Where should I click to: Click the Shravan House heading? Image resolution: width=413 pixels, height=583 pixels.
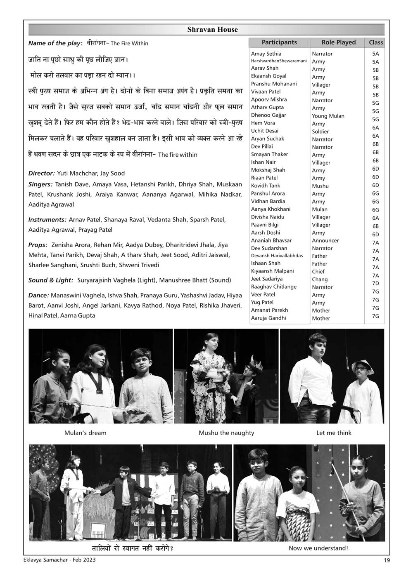[x=212, y=30]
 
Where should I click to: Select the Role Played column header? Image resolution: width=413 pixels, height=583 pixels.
[x=338, y=42]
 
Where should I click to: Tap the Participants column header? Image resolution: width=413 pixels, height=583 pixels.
[x=279, y=42]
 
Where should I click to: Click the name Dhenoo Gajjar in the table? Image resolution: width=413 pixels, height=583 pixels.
[x=268, y=115]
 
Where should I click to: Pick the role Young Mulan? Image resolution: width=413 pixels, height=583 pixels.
[x=328, y=116]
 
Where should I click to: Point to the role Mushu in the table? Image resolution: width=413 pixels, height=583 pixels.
[x=320, y=186]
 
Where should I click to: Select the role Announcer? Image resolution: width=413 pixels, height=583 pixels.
[x=325, y=240]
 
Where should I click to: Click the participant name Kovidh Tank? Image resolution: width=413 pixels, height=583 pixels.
[x=266, y=186]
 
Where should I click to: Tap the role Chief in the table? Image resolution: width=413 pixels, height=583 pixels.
[x=318, y=272]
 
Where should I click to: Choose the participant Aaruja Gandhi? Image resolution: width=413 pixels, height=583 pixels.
[x=268, y=318]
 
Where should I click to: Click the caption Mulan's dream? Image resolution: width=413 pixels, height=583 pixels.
[x=85, y=433]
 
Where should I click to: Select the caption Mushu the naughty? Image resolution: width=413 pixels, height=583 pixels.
[x=226, y=433]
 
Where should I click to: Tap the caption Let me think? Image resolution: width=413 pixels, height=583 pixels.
[x=334, y=433]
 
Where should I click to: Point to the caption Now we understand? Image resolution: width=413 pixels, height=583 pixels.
[x=318, y=548]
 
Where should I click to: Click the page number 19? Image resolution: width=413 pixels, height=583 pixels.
[x=387, y=560]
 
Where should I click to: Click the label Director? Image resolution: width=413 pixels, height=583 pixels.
[x=41, y=174]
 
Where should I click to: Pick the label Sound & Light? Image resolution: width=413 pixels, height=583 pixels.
[x=51, y=280]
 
